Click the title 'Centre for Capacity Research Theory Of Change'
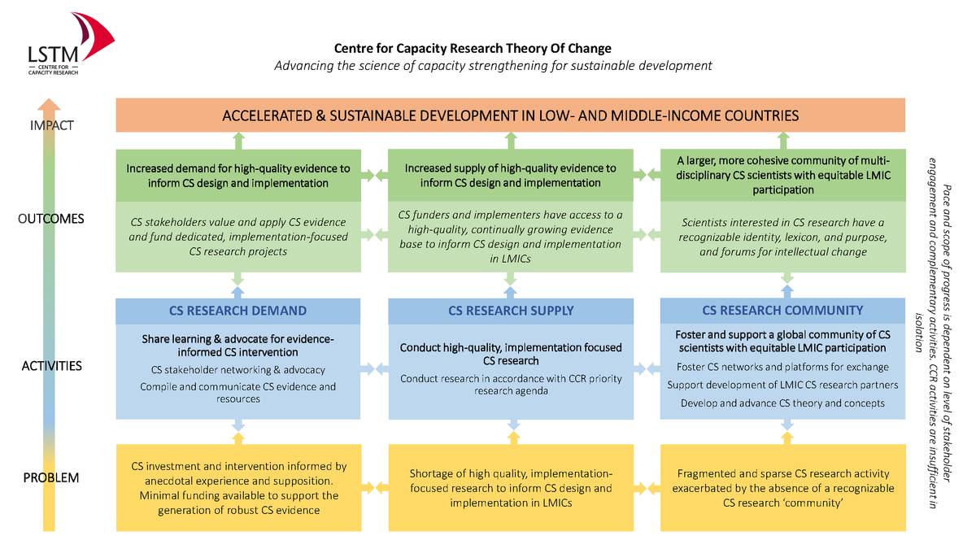[473, 48]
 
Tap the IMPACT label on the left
[52, 125]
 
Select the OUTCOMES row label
[51, 219]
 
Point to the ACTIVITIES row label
[52, 366]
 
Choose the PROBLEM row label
[51, 478]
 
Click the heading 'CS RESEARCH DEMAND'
[237, 311]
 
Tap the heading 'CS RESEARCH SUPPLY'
[511, 311]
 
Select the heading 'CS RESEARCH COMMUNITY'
[782, 310]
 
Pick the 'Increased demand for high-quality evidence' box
[238, 176]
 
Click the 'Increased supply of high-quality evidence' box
[511, 175]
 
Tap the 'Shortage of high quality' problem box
[511, 488]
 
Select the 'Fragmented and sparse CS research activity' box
[783, 488]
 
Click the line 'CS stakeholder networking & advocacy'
[237, 370]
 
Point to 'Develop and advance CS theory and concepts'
[782, 403]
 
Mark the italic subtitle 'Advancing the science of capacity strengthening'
[493, 66]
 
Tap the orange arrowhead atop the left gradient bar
[49, 105]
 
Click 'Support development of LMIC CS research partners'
[782, 386]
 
